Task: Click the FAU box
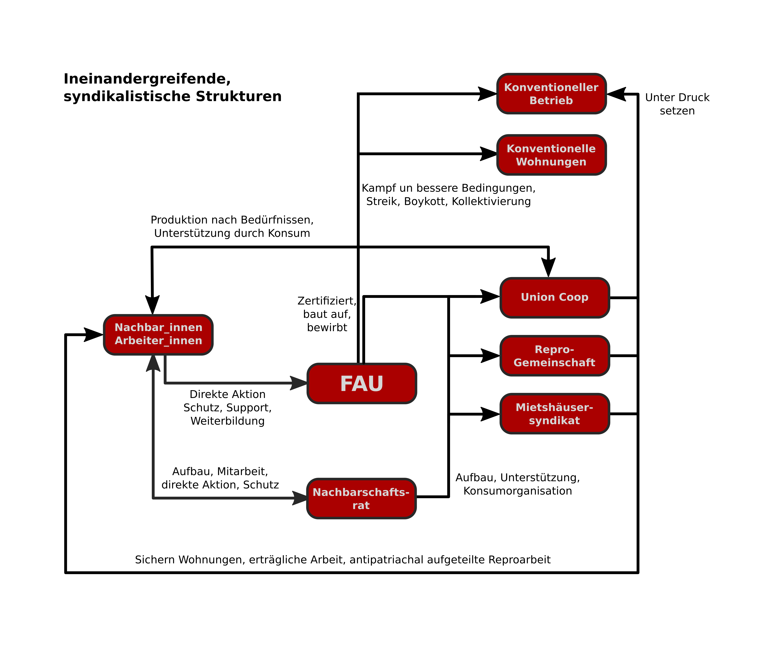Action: (x=362, y=383)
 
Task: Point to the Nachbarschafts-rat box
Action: (x=361, y=499)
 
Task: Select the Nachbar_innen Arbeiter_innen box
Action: (x=158, y=334)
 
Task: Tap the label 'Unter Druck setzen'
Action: (x=677, y=104)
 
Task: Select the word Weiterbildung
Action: (x=227, y=421)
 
